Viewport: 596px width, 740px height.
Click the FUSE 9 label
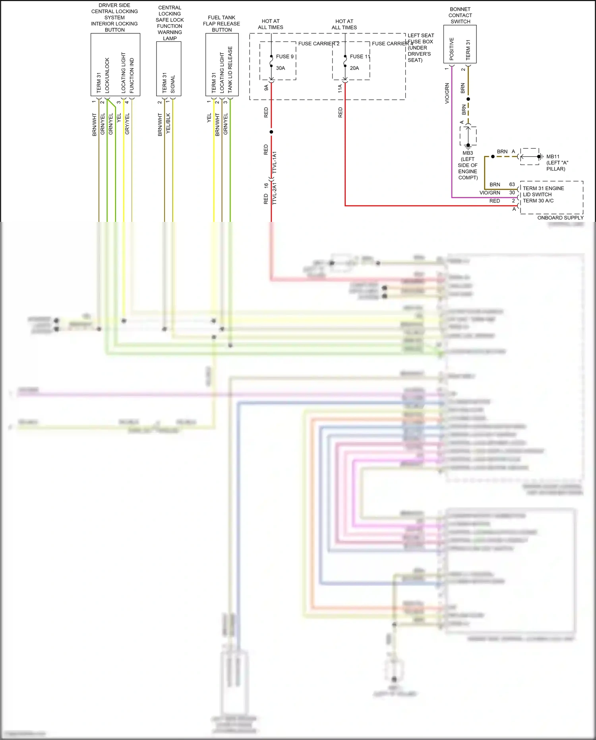[284, 56]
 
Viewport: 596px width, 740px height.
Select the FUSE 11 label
[359, 56]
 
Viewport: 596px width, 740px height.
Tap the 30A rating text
[281, 68]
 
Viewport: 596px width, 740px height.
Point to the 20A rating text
[354, 68]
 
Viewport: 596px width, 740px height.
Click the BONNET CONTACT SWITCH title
[460, 15]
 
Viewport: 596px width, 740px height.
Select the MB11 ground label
[553, 157]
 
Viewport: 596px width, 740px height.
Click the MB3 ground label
[468, 153]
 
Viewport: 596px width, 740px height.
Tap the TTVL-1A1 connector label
[275, 162]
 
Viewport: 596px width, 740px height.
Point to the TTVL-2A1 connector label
[275, 193]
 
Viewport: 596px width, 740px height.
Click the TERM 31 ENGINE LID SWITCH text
[543, 191]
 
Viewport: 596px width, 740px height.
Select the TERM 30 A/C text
[538, 201]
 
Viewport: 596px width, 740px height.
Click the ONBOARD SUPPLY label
[560, 218]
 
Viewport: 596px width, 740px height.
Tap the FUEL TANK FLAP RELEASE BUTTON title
[221, 23]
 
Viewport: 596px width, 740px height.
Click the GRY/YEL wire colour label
[128, 124]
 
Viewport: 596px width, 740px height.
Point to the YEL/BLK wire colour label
[168, 123]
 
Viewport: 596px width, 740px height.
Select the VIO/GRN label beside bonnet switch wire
[447, 93]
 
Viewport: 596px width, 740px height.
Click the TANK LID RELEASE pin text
[230, 70]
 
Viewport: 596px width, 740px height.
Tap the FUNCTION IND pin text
[132, 76]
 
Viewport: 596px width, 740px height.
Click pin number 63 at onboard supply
[512, 185]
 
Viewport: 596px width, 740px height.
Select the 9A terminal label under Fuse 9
[266, 87]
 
